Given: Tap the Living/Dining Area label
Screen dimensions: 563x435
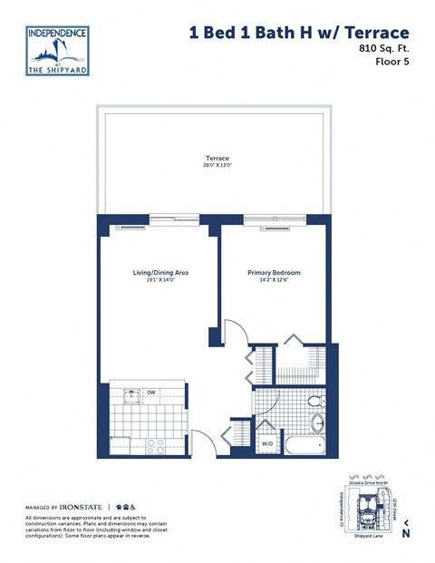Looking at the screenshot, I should [x=154, y=272].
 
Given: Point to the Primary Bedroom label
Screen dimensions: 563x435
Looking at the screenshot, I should [x=274, y=272].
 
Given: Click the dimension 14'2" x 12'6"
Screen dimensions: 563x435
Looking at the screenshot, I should [x=274, y=280].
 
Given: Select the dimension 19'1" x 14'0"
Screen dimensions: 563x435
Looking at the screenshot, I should [x=154, y=280].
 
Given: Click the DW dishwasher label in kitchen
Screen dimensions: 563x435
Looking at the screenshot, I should [x=151, y=393].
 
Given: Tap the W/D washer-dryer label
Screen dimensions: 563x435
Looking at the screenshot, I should [x=268, y=444].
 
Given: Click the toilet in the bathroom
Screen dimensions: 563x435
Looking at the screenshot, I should [x=314, y=400].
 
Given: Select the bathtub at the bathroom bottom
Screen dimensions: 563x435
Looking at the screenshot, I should [x=303, y=446].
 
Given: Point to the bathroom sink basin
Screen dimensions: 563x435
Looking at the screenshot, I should [x=317, y=422].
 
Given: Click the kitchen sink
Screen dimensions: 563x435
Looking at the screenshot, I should [x=133, y=394].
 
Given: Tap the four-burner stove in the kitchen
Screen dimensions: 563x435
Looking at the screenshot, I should [x=153, y=445].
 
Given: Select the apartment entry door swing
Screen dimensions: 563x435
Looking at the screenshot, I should [x=204, y=440].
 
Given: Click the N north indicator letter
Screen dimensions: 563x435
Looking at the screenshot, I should [x=406, y=533].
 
